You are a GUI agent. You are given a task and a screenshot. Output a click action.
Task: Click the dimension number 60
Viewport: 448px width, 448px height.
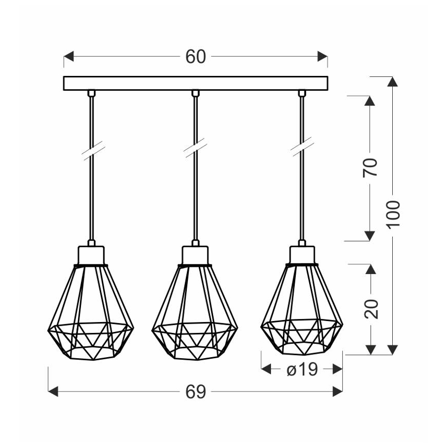196,57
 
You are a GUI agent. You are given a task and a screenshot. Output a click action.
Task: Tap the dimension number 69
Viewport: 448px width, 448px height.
196,392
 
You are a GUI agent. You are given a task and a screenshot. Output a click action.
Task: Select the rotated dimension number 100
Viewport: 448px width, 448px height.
393,214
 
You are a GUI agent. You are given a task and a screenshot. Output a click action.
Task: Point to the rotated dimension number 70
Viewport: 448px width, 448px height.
370,168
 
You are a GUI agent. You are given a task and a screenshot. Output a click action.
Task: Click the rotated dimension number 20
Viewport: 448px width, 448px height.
370,308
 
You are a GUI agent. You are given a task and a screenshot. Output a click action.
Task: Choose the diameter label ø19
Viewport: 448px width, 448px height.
301,369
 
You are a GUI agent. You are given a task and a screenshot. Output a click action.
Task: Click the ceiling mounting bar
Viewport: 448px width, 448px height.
196,83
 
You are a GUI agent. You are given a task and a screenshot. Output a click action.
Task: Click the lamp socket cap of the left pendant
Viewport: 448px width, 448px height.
91,254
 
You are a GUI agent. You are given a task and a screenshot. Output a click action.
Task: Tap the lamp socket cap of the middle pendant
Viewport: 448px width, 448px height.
196,254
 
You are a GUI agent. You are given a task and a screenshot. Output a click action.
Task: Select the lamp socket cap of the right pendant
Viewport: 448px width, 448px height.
301,254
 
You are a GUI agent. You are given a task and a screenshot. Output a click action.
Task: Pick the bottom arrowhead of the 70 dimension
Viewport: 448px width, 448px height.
370,236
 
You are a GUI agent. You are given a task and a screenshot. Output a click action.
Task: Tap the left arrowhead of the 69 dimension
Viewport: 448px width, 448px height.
52,392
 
